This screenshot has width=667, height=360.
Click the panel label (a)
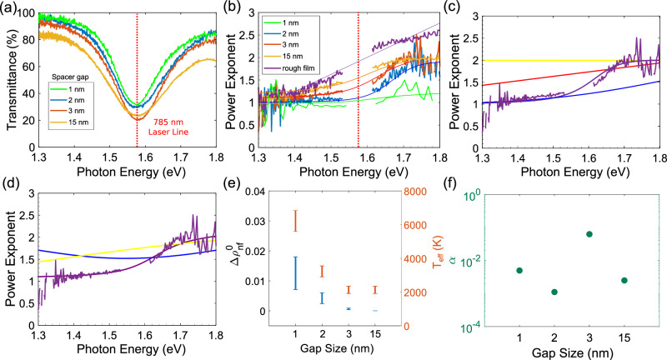click(10, 7)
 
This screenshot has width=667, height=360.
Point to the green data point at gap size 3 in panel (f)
click(589, 234)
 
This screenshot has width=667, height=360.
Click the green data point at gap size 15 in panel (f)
click(624, 280)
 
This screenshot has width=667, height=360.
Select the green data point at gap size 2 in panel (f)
click(554, 292)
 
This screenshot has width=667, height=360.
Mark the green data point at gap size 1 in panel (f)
click(519, 270)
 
